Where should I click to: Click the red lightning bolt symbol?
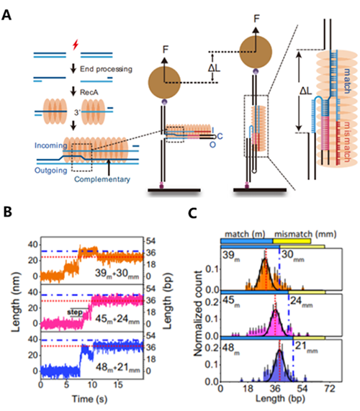[x=76, y=45]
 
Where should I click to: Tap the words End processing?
[x=106, y=69]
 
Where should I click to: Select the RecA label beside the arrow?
[x=89, y=92]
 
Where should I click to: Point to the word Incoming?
[x=51, y=145]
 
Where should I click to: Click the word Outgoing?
[x=51, y=171]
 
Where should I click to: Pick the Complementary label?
[x=102, y=179]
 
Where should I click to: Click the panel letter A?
[x=6, y=15]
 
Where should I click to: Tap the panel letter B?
[x=8, y=212]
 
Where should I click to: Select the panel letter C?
[x=192, y=213]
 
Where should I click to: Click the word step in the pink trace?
[x=75, y=312]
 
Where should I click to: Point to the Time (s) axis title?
[x=90, y=399]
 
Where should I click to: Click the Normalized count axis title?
[x=199, y=313]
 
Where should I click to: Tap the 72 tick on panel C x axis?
[x=330, y=389]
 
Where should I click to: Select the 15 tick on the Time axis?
[x=118, y=385]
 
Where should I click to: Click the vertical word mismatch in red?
[x=346, y=142]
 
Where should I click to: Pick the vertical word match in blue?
[x=346, y=81]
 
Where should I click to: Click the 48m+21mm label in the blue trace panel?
[x=118, y=368]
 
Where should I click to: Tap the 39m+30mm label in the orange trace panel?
[x=117, y=274]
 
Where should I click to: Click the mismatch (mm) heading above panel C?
[x=305, y=234]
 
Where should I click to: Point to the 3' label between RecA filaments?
[x=77, y=113]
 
